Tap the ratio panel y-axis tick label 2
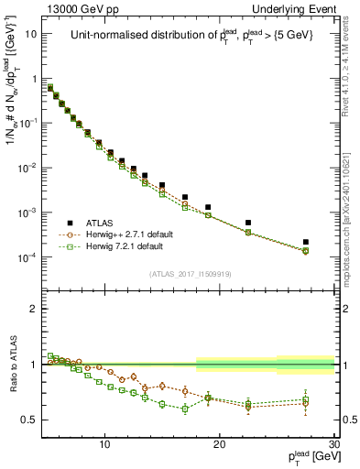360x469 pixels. [34, 309]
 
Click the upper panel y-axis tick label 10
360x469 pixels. [31, 34]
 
